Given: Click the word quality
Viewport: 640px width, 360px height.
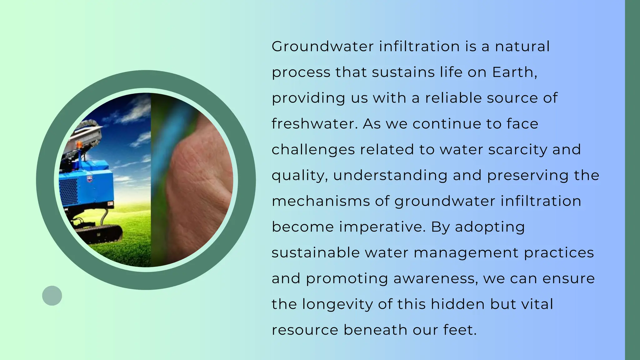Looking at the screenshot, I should pyautogui.click(x=299, y=175).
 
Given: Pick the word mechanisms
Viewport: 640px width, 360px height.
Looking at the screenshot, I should pyautogui.click(x=321, y=201).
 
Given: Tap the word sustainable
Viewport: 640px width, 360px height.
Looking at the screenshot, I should pyautogui.click(x=315, y=252).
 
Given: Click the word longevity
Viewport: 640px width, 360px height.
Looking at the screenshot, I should pyautogui.click(x=337, y=304).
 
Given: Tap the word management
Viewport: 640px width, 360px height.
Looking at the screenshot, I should pyautogui.click(x=466, y=252).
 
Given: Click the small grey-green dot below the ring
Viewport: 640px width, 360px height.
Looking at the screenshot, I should pyautogui.click(x=52, y=296).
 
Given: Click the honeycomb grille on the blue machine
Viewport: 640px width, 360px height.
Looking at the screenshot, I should pyautogui.click(x=68, y=191).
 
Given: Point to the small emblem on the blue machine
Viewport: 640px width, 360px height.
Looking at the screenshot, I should pyautogui.click(x=90, y=179).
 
